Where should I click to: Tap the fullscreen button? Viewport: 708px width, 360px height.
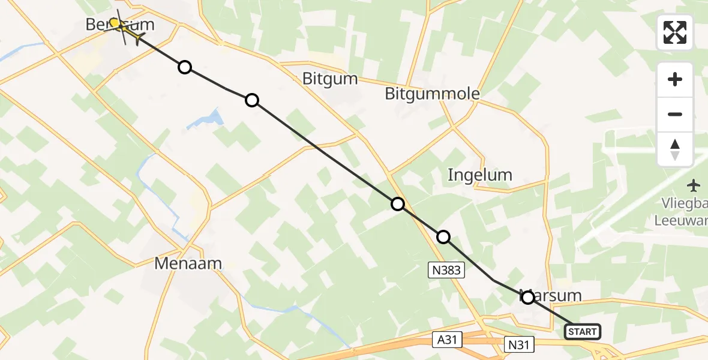pos(675,32)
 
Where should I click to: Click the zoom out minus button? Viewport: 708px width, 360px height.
pos(675,114)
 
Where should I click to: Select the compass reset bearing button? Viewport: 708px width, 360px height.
pos(675,149)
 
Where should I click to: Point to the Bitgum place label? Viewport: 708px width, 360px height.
pos(329,79)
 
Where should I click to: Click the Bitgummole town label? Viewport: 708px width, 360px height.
pos(432,94)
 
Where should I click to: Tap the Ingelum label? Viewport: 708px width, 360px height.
pos(480,175)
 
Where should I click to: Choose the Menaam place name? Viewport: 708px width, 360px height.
pos(188,263)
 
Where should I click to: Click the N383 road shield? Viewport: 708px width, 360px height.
pos(446,271)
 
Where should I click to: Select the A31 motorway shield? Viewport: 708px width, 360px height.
pos(441,340)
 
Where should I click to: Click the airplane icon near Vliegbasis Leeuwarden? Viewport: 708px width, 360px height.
pos(695,184)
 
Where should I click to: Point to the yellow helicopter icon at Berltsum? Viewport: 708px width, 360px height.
pos(123,28)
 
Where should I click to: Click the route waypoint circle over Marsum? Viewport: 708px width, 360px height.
pos(527,297)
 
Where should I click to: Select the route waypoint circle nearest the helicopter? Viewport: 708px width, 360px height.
pos(185,67)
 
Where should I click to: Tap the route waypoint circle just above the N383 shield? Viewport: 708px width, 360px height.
pos(443,237)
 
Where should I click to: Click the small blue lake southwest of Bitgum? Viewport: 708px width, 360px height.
pos(206,119)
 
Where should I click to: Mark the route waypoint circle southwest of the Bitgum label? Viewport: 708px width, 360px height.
pos(252,100)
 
